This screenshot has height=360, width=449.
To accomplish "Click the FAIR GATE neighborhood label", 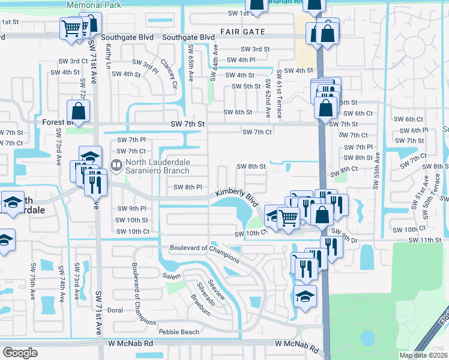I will [242, 31].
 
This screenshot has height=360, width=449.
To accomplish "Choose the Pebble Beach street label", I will [178, 332].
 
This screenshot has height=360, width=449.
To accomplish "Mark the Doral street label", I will [114, 310].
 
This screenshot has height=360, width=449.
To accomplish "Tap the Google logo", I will [20, 353].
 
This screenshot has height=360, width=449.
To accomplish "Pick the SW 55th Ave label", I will [377, 171].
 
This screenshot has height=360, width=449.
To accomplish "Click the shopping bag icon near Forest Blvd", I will [79, 110].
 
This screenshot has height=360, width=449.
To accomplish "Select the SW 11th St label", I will [424, 240].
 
